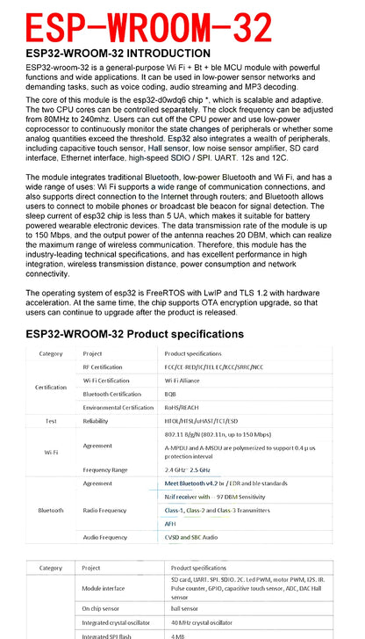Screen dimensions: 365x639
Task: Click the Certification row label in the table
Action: (x=50, y=387)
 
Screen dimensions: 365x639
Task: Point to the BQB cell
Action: (x=171, y=394)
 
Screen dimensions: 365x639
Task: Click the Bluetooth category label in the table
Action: (x=50, y=509)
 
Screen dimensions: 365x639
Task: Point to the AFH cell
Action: (x=170, y=523)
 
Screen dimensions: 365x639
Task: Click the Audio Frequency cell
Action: (x=105, y=536)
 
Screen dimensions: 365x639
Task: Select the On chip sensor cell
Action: (x=102, y=607)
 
